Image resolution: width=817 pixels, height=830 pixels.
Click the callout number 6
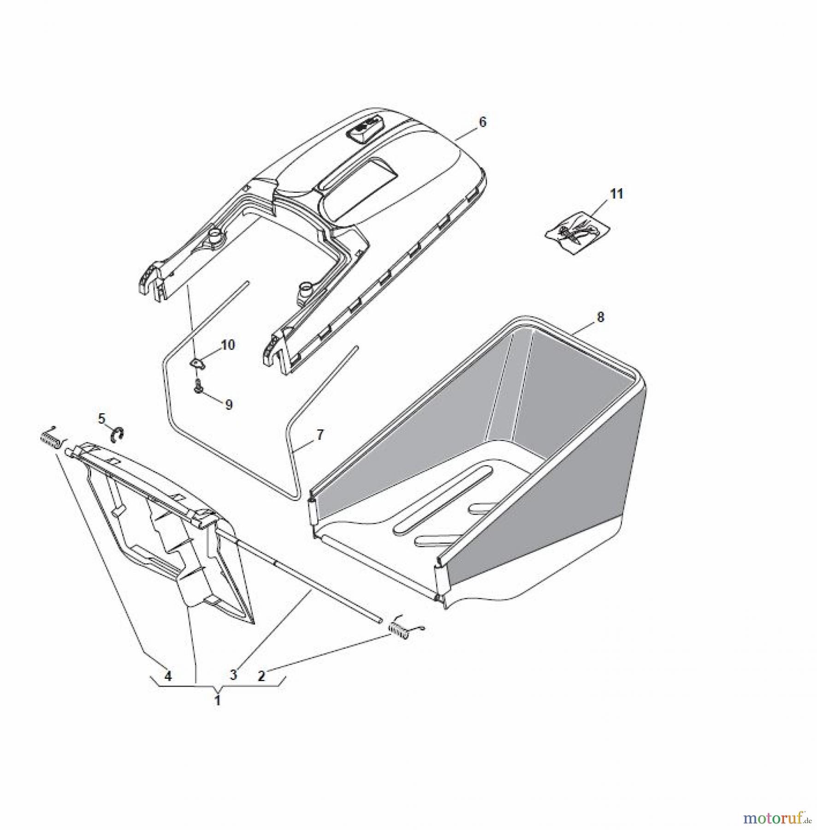pos(482,122)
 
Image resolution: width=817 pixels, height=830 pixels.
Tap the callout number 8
pos(600,317)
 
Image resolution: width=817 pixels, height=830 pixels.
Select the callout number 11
pos(616,194)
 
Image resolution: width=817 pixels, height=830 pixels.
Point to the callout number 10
pos(228,344)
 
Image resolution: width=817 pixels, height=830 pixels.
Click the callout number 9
pos(229,405)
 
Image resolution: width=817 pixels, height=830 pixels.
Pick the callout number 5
pos(102,418)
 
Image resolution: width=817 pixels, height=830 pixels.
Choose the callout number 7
pos(320,434)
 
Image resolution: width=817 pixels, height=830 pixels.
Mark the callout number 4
pos(168,676)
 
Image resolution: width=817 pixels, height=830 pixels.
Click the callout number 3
pos(233,675)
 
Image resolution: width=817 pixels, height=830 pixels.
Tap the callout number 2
pos(261,676)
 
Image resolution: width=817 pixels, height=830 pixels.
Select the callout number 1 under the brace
pos(218,701)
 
